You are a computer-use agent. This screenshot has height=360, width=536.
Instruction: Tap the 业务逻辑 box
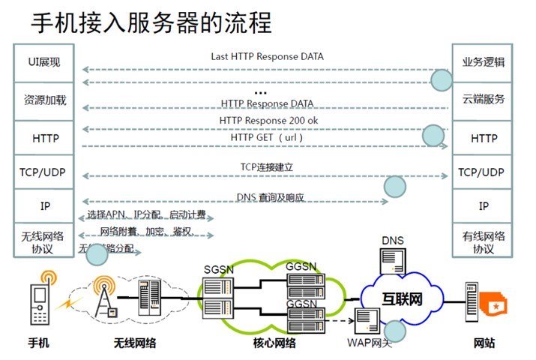coord(483,61)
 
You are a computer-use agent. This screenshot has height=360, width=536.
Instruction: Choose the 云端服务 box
coord(483,100)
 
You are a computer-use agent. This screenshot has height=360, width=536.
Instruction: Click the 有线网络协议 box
coord(483,242)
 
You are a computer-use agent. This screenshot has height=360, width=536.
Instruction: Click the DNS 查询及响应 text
coord(270,198)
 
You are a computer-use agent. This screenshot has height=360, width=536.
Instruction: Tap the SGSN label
coord(219,268)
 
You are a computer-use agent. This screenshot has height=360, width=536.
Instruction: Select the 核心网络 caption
coord(274,344)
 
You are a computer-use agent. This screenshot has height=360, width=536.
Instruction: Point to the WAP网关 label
coord(370,343)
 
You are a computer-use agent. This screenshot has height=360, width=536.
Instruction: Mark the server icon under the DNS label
coord(392,262)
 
